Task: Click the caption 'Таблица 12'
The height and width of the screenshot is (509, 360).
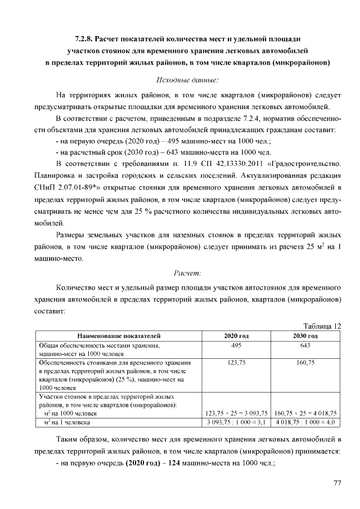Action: [x=322, y=326]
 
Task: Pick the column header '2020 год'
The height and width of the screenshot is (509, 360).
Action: [x=236, y=336]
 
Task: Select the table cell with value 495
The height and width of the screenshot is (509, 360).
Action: [x=236, y=345]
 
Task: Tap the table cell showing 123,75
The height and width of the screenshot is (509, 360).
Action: [x=236, y=363]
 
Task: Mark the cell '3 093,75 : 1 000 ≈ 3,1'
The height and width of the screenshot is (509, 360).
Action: [x=236, y=421]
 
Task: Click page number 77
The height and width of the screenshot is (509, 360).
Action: [x=337, y=483]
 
